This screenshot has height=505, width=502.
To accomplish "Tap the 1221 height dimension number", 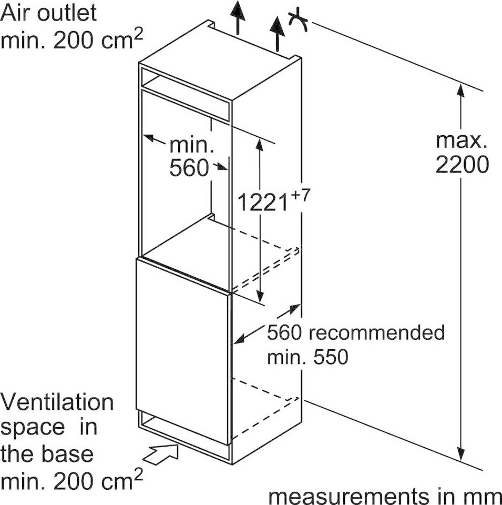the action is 262,202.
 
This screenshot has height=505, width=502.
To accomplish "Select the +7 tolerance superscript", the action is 300,195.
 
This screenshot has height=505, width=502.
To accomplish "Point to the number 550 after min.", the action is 331,357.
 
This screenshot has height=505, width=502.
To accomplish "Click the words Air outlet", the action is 48,13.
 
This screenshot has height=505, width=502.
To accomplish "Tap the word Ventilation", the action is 57,402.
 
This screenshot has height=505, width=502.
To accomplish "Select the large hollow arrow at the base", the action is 160,454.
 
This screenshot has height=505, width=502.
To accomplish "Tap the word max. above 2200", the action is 461,140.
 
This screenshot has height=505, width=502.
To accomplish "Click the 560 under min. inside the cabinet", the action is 189,168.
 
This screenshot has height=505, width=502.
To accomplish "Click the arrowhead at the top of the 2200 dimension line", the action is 461,89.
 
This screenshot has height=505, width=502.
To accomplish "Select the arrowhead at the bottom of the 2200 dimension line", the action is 462,454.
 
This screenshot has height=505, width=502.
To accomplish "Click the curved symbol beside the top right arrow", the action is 298,21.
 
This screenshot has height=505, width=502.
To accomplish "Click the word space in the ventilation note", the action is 33,428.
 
